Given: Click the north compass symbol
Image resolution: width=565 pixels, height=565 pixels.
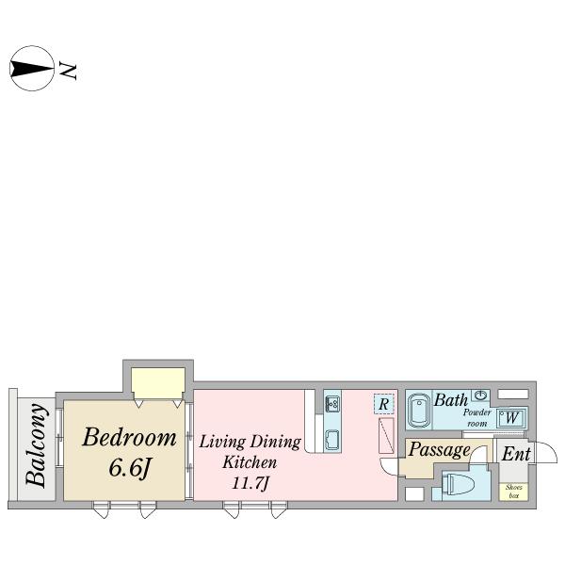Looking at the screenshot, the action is pyautogui.click(x=32, y=68).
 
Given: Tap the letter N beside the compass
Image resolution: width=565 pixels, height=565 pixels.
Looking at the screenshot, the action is pyautogui.click(x=68, y=71).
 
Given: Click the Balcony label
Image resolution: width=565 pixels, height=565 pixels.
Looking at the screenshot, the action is pyautogui.click(x=37, y=445).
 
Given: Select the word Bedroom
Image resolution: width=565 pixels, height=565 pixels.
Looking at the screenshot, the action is pyautogui.click(x=129, y=437).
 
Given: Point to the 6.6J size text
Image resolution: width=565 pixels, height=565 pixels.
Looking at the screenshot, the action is pyautogui.click(x=130, y=468).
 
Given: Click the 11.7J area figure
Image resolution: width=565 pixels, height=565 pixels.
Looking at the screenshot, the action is pyautogui.click(x=250, y=484).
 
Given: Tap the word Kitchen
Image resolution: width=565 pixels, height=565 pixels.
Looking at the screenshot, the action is pyautogui.click(x=250, y=462).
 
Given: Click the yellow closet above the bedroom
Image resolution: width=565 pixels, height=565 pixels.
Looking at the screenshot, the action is pyautogui.click(x=158, y=383).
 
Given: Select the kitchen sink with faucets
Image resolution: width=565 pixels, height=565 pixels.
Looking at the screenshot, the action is pyautogui.click(x=331, y=404).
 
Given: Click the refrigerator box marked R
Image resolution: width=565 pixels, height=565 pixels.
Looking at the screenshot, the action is pyautogui.click(x=384, y=404).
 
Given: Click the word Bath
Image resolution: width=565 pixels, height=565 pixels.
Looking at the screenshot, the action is pyautogui.click(x=451, y=400).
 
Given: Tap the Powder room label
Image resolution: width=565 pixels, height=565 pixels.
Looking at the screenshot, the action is pyautogui.click(x=477, y=418).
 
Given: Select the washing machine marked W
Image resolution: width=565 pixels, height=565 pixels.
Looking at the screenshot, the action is pyautogui.click(x=511, y=418).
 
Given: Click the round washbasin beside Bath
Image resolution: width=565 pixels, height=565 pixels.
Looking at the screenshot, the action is pyautogui.click(x=480, y=395).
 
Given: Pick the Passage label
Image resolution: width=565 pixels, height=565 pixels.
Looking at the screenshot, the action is pyautogui.click(x=439, y=450).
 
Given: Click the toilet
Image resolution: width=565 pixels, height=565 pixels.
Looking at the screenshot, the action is pyautogui.click(x=457, y=484).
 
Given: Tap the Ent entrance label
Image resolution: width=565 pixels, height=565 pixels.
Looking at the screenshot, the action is pyautogui.click(x=516, y=454).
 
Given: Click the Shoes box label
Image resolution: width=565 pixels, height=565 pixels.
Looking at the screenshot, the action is pyautogui.click(x=513, y=492).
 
